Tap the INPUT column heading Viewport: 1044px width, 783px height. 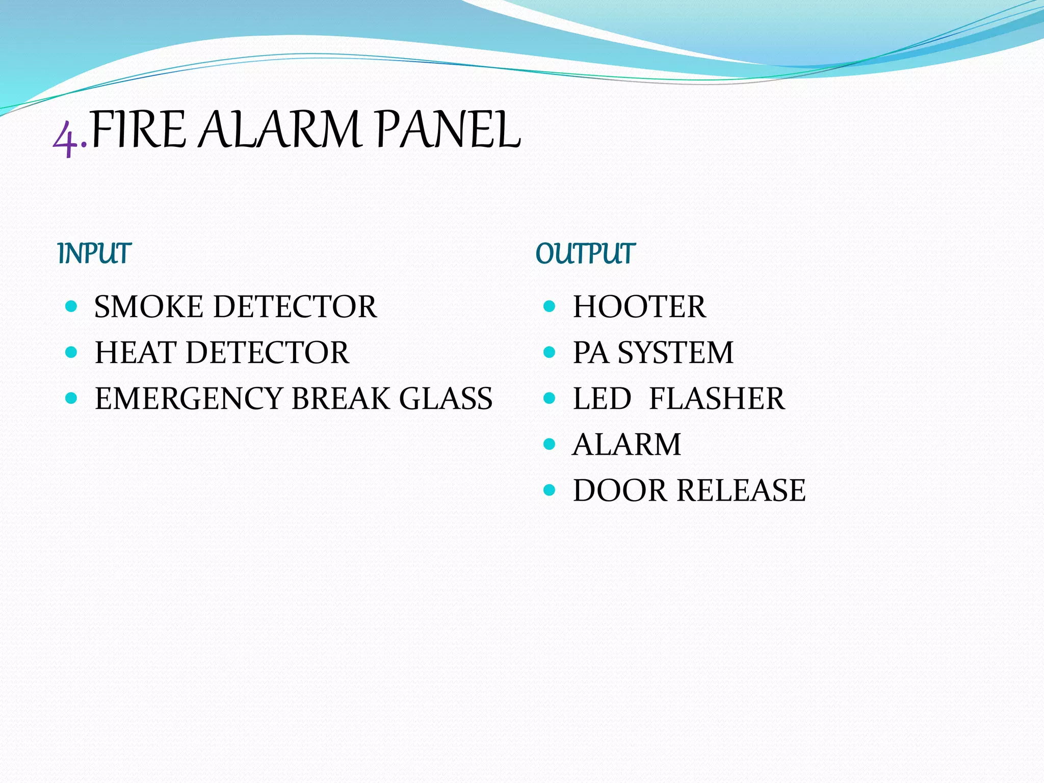(x=94, y=253)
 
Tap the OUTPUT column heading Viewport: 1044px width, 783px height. (x=585, y=253)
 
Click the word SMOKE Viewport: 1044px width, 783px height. (x=148, y=307)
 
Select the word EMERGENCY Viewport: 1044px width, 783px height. (x=189, y=399)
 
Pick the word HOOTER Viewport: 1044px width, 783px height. (x=639, y=307)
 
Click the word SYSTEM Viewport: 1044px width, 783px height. (x=675, y=353)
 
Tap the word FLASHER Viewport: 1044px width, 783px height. (x=717, y=399)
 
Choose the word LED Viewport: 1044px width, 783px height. (x=602, y=399)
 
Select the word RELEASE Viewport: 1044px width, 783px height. (x=741, y=490)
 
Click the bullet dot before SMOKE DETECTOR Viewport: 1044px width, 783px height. (x=71, y=306)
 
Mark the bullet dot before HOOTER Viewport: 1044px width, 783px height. (x=549, y=306)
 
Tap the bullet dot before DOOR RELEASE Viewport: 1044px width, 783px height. (x=549, y=490)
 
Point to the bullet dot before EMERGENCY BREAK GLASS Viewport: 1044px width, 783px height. (x=71, y=398)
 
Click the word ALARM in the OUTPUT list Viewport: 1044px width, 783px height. (x=627, y=445)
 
